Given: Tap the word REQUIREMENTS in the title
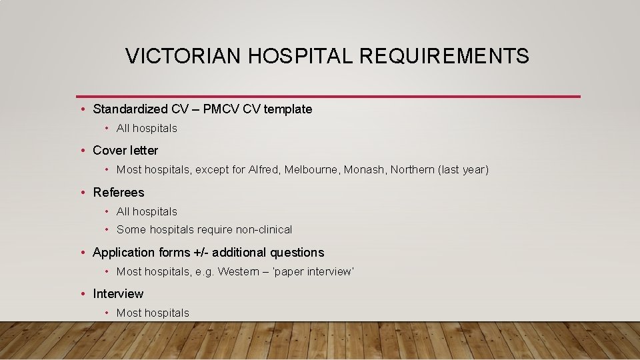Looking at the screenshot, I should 445,57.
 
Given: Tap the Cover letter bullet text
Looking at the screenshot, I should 125,151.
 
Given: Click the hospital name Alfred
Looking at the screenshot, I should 264,170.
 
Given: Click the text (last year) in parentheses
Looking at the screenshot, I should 463,170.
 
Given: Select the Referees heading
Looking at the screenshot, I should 118,193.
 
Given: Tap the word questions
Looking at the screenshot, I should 297,253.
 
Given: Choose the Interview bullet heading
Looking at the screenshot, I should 118,294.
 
